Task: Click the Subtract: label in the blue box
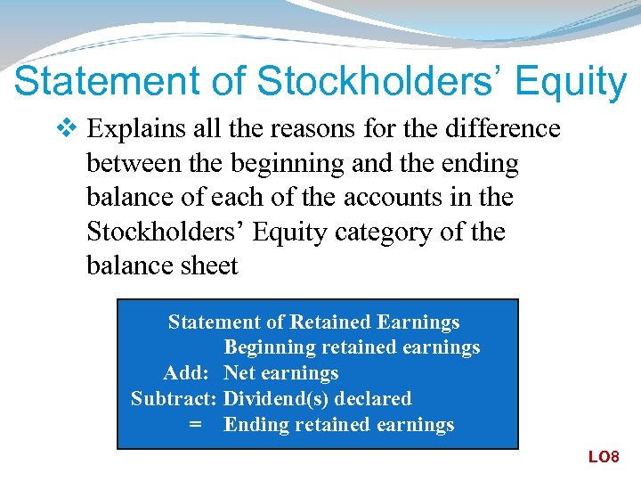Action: (174, 399)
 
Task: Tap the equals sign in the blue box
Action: (195, 425)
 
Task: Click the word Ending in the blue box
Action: (254, 425)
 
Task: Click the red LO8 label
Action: (603, 457)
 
